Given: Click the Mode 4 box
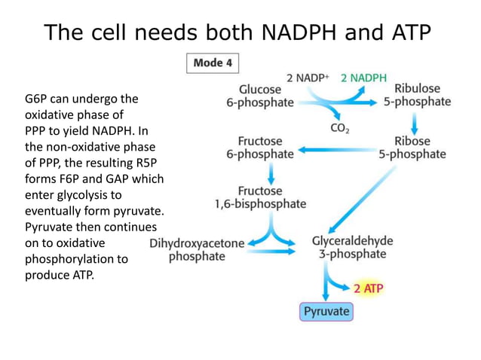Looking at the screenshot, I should pyautogui.click(x=213, y=63).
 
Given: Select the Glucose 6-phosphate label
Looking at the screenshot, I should pyautogui.click(x=260, y=96).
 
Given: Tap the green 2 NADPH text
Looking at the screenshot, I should pyautogui.click(x=363, y=78).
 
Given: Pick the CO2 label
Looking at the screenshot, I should pyautogui.click(x=340, y=129).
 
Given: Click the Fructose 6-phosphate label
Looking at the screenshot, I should pyautogui.click(x=261, y=148).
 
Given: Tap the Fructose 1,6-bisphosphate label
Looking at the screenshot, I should pyautogui.click(x=261, y=197).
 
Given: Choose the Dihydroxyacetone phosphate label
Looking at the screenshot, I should pyautogui.click(x=197, y=249).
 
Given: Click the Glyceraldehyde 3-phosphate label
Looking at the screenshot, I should pyautogui.click(x=352, y=248).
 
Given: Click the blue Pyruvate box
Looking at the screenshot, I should pyautogui.click(x=326, y=311).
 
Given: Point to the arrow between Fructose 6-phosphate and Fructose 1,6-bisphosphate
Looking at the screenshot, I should pyautogui.click(x=260, y=171).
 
